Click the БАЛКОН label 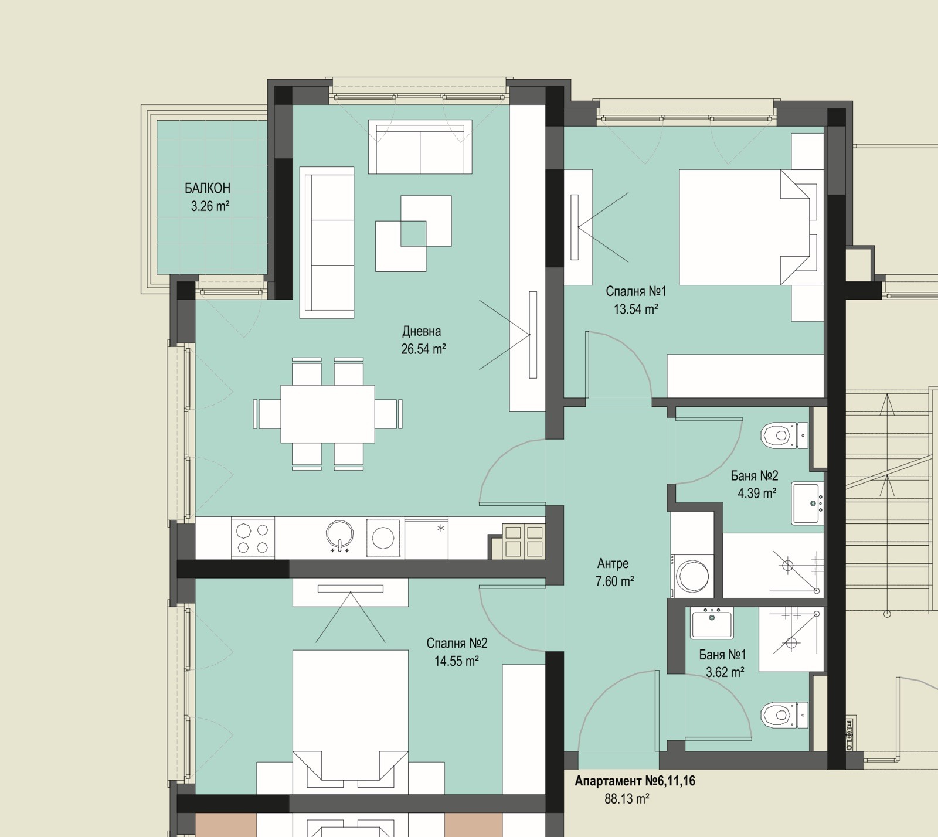coord(207,188)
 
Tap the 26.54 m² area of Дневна coord(423,349)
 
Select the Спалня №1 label coord(635,291)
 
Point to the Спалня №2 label coord(457,643)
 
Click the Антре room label coord(613,563)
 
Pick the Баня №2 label coord(755,475)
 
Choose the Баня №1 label coord(722,654)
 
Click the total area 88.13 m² coord(627,799)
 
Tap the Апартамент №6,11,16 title coord(635,781)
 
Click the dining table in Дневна coord(328,414)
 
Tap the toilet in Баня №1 coord(784,714)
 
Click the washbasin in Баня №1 coord(712,623)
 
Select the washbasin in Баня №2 coord(808,503)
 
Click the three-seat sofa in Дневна coord(327,243)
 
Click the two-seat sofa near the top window coord(420,147)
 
